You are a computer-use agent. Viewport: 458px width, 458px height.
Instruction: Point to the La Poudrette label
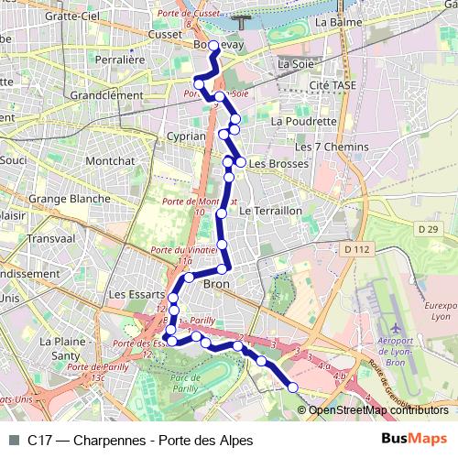[x=304, y=120]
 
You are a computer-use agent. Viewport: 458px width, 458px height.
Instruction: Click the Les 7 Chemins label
[x=332, y=147]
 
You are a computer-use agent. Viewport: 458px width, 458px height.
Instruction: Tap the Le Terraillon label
[x=270, y=211]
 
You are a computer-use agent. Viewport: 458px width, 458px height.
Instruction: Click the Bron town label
[x=215, y=285]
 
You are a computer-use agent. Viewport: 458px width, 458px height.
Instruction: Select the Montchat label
[x=110, y=160]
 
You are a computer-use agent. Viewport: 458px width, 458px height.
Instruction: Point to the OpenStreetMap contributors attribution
[x=378, y=410]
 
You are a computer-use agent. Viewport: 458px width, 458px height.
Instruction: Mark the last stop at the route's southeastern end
[x=293, y=387]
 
